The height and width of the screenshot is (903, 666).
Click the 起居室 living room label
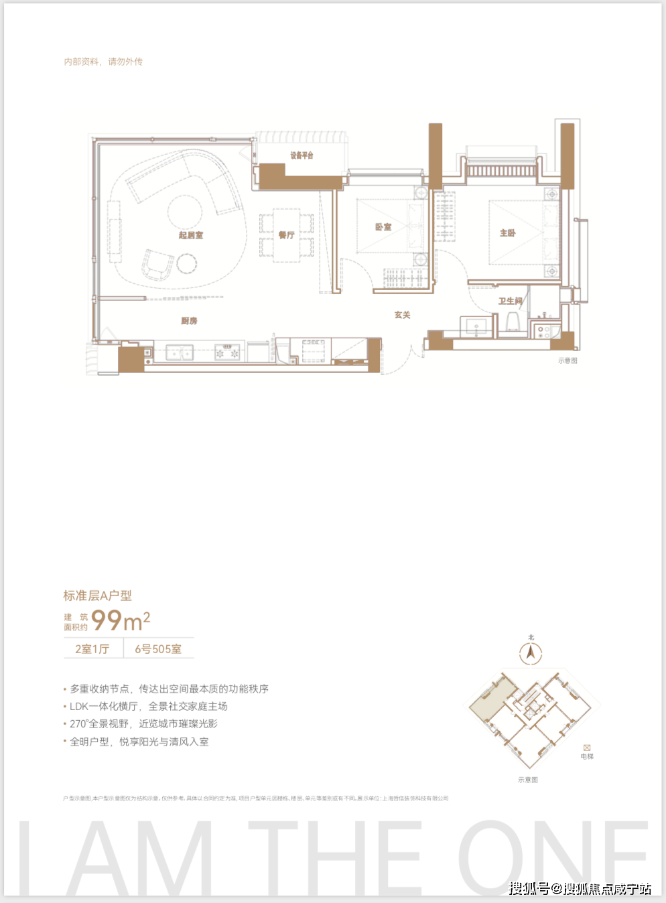[x=191, y=235]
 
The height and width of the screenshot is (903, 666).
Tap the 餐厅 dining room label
[x=287, y=235]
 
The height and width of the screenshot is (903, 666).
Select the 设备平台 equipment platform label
[x=302, y=155]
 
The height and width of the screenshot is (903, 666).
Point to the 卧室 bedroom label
[x=383, y=227]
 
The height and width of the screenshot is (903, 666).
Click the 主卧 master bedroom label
[x=508, y=233]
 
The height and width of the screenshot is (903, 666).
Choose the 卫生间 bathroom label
[x=510, y=301]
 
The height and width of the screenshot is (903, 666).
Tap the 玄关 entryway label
[x=403, y=315]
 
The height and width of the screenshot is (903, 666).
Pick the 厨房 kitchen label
[x=190, y=321]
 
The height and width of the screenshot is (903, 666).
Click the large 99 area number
[x=107, y=621]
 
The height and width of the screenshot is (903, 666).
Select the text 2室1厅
[x=92, y=649]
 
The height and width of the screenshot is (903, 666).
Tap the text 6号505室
[x=158, y=649]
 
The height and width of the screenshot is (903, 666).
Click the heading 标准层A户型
[x=98, y=596]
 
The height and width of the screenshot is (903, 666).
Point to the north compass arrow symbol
[x=531, y=652]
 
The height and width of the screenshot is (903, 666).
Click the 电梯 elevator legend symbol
[x=587, y=748]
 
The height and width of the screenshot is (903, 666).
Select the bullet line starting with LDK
[x=149, y=706]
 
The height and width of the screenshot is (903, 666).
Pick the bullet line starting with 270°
[x=143, y=723]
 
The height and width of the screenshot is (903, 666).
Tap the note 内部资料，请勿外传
[x=103, y=62]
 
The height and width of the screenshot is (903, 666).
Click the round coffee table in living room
[x=185, y=212]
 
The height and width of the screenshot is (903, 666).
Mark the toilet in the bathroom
[x=514, y=322]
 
